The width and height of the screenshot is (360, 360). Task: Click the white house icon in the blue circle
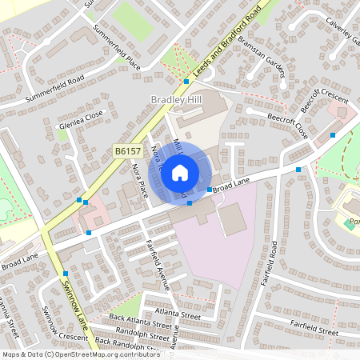click(181, 172)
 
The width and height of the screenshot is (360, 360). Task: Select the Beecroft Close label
click(289, 125)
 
